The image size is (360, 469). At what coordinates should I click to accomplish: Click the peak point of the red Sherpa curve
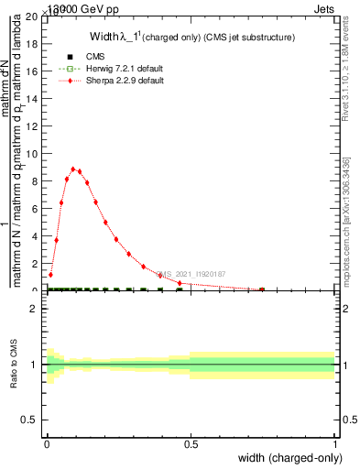pos(73,169)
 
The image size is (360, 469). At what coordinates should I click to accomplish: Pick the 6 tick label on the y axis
pos(36,209)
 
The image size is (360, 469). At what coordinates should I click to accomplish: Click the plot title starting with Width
pos(191,38)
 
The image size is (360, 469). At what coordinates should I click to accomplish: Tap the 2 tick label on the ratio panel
pos(36,310)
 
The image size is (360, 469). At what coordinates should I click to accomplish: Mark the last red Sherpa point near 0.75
pos(263,289)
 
